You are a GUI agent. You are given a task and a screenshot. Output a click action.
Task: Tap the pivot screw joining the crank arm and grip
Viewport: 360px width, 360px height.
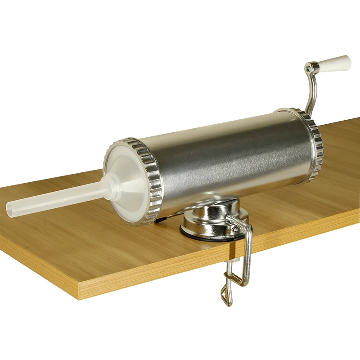coord(308,68)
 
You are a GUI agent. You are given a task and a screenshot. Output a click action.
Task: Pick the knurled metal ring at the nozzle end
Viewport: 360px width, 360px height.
coord(151,180)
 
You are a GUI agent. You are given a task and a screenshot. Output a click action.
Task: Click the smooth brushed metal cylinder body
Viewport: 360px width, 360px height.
coord(229,157)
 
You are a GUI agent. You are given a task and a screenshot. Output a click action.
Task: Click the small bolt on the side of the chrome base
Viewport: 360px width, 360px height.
coord(234,229)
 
